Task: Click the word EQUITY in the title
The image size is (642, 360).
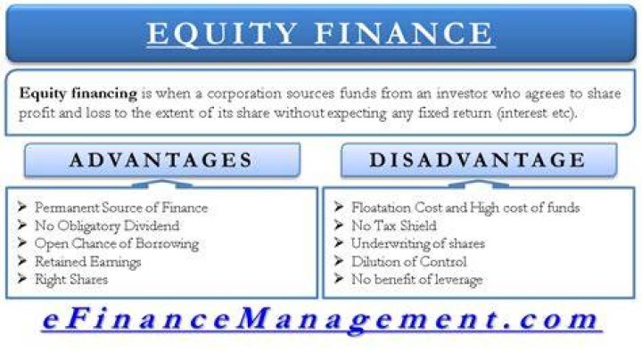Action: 222,33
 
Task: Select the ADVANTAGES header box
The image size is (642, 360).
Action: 162,160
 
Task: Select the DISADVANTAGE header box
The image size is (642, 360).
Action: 479,160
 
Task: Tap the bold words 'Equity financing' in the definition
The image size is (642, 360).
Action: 78,94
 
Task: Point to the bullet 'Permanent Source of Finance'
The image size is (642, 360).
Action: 121,208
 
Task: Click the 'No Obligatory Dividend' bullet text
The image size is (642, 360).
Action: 107,225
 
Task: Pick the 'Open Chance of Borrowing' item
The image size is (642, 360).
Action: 117,244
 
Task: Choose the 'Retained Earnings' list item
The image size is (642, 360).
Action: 88,262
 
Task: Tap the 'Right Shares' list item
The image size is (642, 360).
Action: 71,280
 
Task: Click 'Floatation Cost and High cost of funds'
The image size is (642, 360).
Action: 465,208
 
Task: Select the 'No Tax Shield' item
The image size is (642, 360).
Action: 394,225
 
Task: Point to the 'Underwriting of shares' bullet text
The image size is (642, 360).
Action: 418,244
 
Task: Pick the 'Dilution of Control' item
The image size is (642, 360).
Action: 409,262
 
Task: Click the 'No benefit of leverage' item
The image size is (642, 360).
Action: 416,280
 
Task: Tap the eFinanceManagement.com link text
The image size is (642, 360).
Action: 321,320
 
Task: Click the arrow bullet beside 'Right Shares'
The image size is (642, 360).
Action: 22,279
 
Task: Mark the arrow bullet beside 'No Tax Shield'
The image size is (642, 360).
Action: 339,225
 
